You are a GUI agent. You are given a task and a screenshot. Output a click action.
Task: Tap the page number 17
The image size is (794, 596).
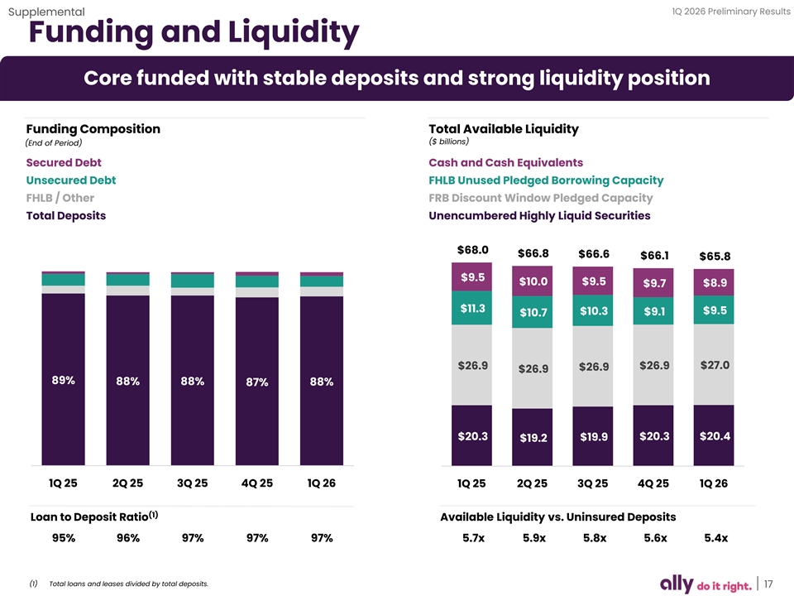pyautogui.click(x=769, y=584)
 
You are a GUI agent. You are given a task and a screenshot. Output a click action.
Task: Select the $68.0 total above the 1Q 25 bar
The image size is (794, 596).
pyautogui.click(x=472, y=250)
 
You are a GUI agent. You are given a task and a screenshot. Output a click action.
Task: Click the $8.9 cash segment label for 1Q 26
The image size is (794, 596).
pyautogui.click(x=715, y=283)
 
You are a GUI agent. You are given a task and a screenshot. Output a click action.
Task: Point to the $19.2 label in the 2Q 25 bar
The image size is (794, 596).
pyautogui.click(x=533, y=438)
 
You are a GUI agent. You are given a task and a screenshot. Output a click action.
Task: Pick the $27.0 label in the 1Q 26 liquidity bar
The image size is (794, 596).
pyautogui.click(x=715, y=366)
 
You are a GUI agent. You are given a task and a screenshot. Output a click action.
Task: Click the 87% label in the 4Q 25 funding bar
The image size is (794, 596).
pyautogui.click(x=257, y=382)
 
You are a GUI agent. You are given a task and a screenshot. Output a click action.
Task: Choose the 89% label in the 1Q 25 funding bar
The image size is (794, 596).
pyautogui.click(x=63, y=381)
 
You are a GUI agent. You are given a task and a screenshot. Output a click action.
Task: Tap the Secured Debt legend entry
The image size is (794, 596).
pyautogui.click(x=64, y=162)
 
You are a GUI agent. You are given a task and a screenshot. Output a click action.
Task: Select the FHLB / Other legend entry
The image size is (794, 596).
pyautogui.click(x=60, y=198)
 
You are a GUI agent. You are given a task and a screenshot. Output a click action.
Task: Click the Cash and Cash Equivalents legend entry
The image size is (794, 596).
pyautogui.click(x=505, y=162)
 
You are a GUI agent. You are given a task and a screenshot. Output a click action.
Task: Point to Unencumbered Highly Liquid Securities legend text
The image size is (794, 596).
pyautogui.click(x=539, y=216)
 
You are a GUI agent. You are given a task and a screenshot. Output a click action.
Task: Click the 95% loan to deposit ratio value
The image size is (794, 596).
pyautogui.click(x=64, y=538)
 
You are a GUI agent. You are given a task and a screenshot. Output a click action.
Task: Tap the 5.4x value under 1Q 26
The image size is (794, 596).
pyautogui.click(x=715, y=538)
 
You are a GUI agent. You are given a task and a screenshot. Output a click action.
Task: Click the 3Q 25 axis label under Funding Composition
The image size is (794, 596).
pyautogui.click(x=193, y=483)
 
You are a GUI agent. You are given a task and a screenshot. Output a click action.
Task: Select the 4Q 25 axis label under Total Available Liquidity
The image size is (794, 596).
pyautogui.click(x=654, y=483)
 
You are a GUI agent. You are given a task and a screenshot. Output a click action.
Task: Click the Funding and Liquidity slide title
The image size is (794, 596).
pyautogui.click(x=194, y=34)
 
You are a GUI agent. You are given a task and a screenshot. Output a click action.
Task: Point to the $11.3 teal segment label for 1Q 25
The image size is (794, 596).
pyautogui.click(x=472, y=309)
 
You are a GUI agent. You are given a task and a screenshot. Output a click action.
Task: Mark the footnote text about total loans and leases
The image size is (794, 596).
pyautogui.click(x=129, y=584)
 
